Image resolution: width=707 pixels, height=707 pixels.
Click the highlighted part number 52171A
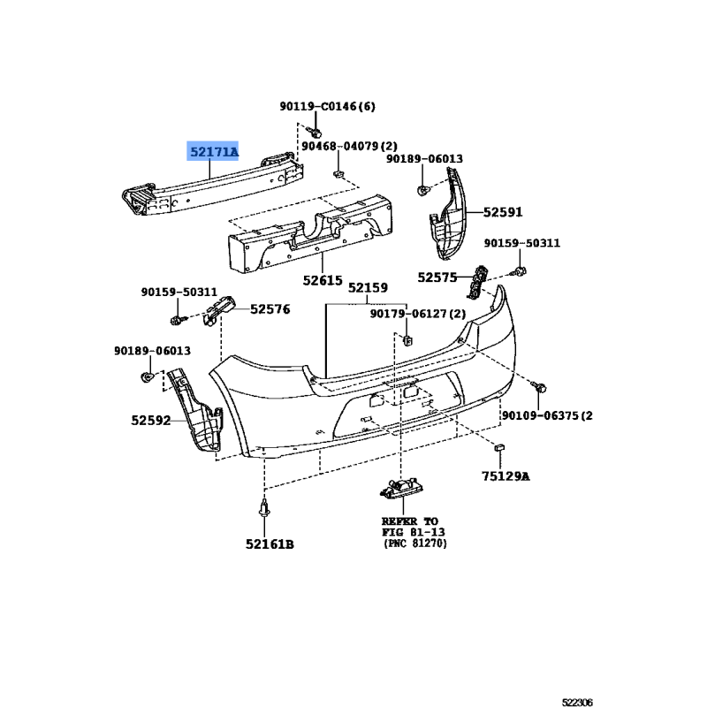[213, 152]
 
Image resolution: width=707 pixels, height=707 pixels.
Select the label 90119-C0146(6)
[327, 106]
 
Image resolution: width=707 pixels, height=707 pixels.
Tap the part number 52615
[323, 280]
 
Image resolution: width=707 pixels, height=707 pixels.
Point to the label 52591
[503, 212]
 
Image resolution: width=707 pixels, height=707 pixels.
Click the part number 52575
[437, 277]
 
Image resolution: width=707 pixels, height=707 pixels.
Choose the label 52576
[270, 309]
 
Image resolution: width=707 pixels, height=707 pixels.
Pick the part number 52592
[151, 421]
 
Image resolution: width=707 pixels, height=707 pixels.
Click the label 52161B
[270, 544]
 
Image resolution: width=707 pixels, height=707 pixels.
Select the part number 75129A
[506, 476]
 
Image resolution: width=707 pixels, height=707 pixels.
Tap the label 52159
[368, 288]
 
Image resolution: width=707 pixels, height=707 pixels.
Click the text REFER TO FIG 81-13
[413, 527]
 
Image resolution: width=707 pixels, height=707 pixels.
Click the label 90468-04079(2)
[349, 146]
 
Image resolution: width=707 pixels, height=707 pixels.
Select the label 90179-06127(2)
[418, 314]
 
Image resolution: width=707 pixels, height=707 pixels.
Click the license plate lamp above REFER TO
[401, 489]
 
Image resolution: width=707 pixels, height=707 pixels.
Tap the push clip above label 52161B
[264, 508]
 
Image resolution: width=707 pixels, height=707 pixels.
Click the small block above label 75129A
[499, 447]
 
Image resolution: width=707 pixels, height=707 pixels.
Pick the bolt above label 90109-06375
[539, 386]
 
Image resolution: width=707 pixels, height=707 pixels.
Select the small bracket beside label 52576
[219, 309]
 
